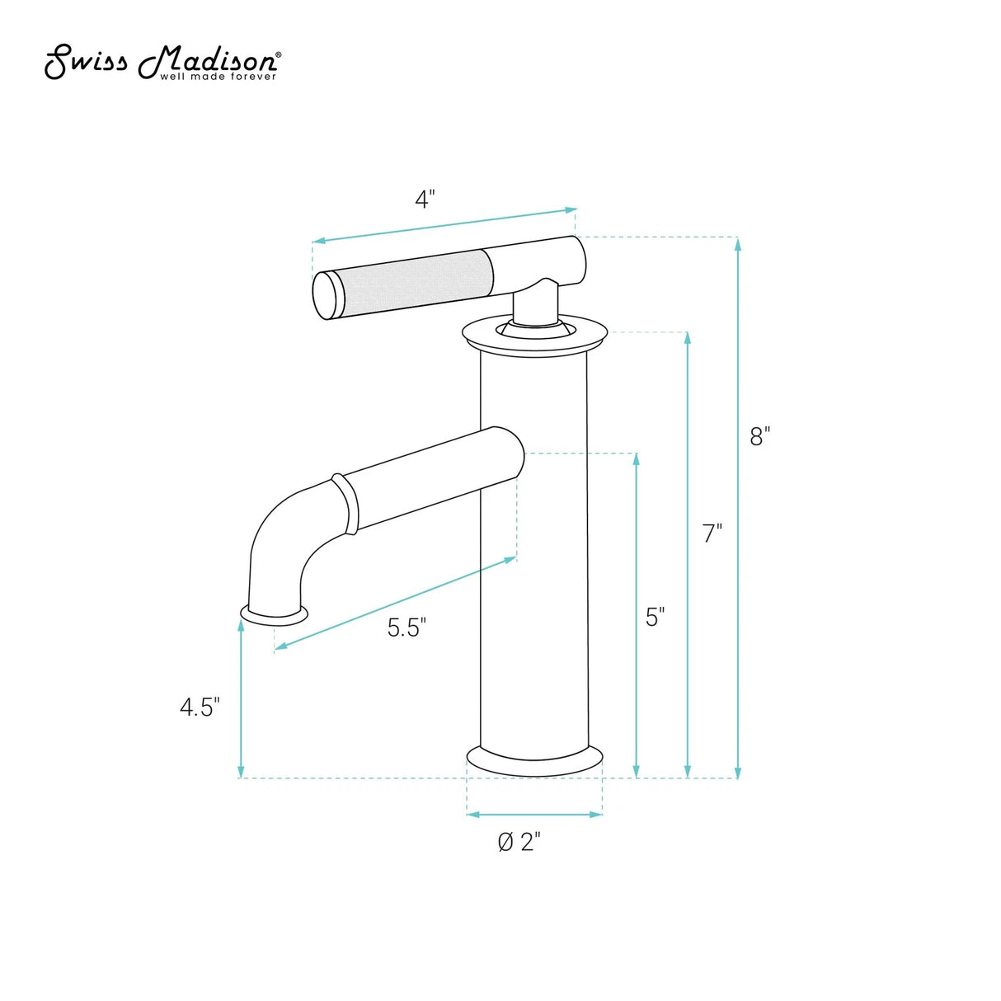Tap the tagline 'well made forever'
[x=218, y=77]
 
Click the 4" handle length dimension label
[x=424, y=200]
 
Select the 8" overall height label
[x=759, y=436]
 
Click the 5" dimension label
[x=655, y=617]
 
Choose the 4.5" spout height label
[x=200, y=707]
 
